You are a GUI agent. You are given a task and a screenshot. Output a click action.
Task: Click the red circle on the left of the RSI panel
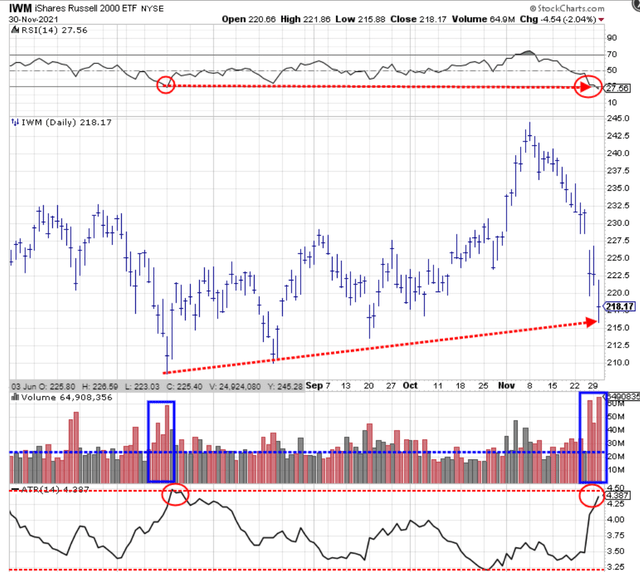(166, 85)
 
